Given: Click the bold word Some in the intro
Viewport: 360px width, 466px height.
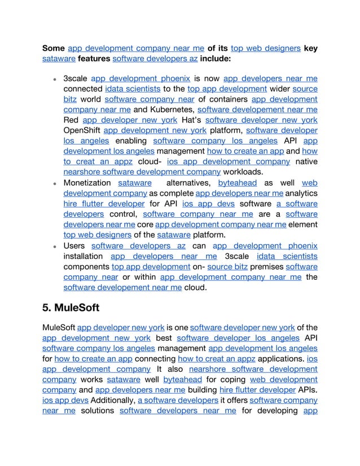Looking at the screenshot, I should point(54,49).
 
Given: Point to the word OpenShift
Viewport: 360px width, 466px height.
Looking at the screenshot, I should point(82,130).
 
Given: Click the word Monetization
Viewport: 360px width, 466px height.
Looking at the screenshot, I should point(87,183).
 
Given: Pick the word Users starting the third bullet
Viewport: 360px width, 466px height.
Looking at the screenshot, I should point(74,246).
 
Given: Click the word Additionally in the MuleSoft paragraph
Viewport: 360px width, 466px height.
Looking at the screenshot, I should point(113,400).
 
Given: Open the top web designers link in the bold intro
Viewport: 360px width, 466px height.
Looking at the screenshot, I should point(265,49).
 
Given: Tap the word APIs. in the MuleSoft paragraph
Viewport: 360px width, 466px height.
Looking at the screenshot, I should point(308,390).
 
